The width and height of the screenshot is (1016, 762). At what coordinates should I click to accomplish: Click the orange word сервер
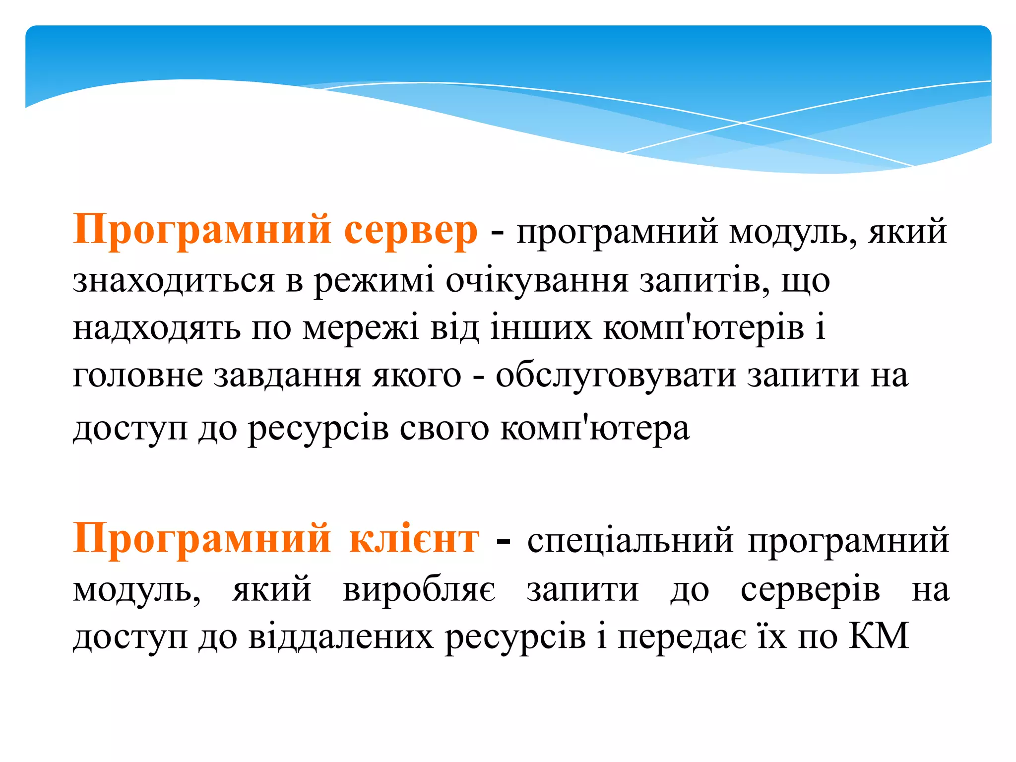(x=411, y=231)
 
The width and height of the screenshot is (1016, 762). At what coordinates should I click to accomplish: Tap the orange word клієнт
(x=414, y=539)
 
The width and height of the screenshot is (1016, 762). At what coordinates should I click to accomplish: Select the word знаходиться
(x=174, y=280)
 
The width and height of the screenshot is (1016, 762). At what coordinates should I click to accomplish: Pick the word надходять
(x=157, y=328)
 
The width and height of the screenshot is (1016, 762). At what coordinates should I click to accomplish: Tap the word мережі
(x=361, y=328)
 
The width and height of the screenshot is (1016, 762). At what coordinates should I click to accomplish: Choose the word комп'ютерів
(x=703, y=328)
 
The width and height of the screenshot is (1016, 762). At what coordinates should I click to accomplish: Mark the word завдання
(x=287, y=377)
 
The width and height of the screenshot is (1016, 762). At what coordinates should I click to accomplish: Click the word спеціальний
(x=630, y=540)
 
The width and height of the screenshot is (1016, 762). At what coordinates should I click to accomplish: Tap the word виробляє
(x=419, y=590)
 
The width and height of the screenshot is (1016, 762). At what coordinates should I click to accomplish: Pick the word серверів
(x=810, y=590)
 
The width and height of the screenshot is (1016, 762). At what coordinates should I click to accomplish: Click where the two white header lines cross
(x=743, y=123)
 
